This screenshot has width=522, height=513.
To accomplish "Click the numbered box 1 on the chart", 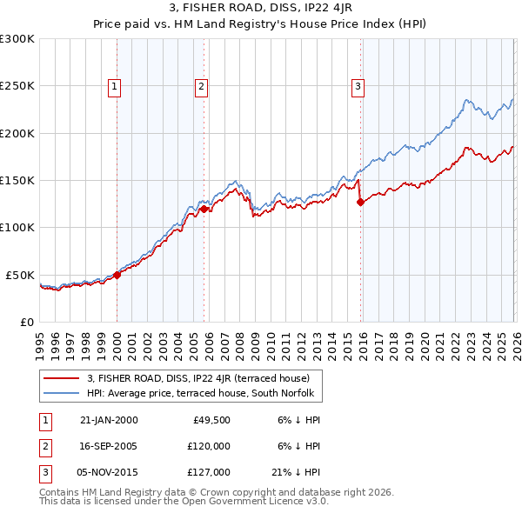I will [115, 86].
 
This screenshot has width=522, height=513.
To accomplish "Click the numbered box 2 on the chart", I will [201, 86].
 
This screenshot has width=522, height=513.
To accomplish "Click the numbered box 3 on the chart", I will [358, 86].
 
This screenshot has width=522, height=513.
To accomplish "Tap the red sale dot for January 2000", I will [117, 275].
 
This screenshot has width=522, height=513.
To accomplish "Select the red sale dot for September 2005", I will [204, 209].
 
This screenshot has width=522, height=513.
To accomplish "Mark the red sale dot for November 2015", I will [360, 202].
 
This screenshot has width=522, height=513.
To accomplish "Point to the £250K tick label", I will [17, 86].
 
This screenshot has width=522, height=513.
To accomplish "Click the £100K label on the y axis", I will [17, 227].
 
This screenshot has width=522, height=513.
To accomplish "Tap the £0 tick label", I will [26, 322].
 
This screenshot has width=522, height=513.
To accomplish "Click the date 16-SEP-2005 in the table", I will [109, 445].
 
